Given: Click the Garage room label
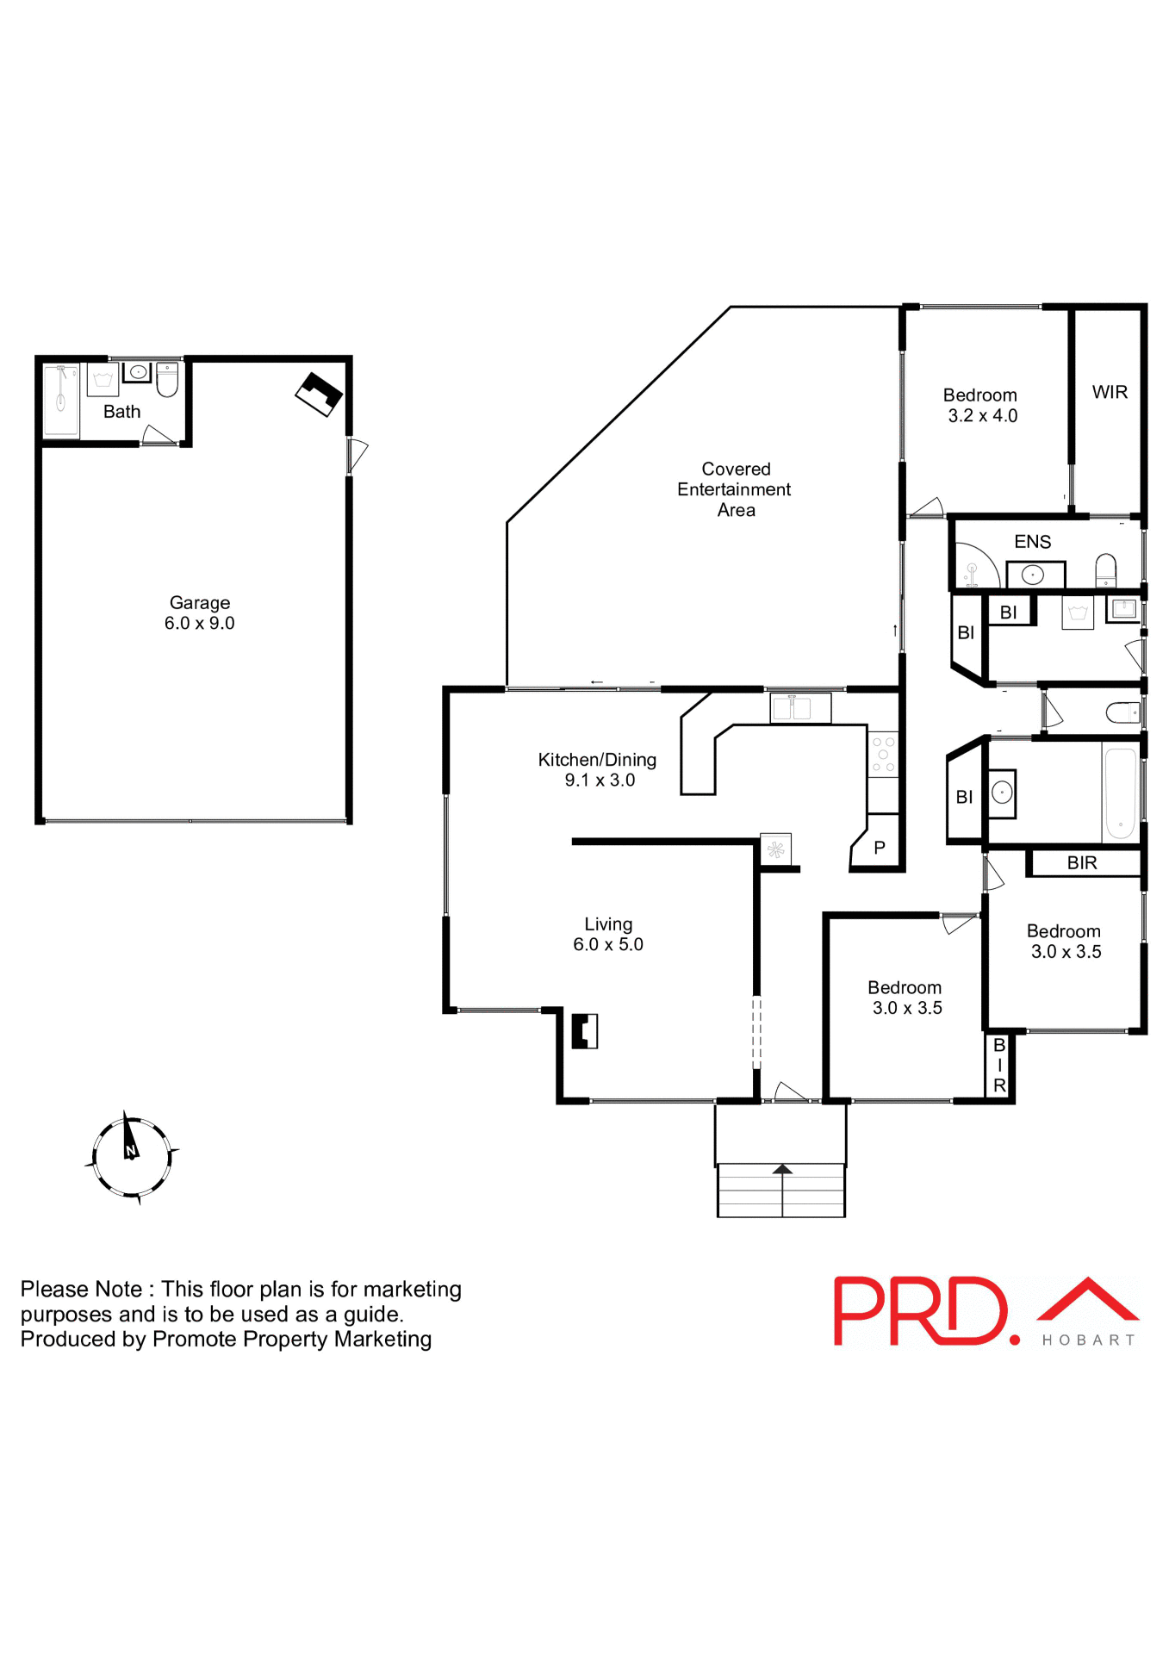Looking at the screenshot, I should (199, 602).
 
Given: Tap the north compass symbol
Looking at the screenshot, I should (131, 1156).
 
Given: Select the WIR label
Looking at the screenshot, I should (1109, 392).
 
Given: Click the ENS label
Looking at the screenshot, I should (1032, 542).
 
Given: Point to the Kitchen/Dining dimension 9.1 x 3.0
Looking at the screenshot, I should (600, 780).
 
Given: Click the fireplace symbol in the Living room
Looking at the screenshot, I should (585, 1030).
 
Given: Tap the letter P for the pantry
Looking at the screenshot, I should (879, 848).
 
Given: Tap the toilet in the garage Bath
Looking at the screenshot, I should (167, 379).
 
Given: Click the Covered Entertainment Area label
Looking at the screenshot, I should (734, 489).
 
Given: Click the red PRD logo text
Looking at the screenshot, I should (919, 1311).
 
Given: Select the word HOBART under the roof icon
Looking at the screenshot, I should (1088, 1340).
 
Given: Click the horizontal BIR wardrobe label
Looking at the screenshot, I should (1081, 863).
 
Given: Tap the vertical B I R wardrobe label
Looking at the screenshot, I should (999, 1066).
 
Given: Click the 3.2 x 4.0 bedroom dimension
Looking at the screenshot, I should (982, 416).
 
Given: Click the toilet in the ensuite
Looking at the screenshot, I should (1105, 570).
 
